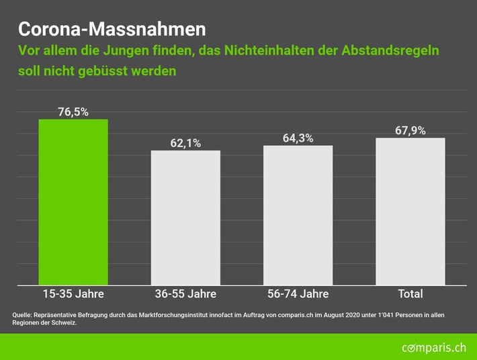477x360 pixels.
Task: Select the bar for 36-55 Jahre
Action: click(x=185, y=218)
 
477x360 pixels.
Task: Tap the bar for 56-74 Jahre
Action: click(x=298, y=215)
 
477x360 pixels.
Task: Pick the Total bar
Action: click(x=410, y=212)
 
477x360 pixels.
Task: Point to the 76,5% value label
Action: click(x=73, y=112)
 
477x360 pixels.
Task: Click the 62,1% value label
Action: click(x=185, y=143)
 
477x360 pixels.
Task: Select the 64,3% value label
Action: click(x=298, y=138)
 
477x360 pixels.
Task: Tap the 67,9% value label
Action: click(x=410, y=130)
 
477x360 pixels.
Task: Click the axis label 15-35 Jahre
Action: click(x=73, y=294)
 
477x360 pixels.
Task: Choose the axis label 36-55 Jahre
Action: click(x=185, y=294)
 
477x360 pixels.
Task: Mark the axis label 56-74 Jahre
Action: click(x=298, y=294)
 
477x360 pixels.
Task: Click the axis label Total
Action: click(x=410, y=294)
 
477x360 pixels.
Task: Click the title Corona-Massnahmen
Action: click(x=112, y=30)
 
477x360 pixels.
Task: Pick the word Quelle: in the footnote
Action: click(x=23, y=315)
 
